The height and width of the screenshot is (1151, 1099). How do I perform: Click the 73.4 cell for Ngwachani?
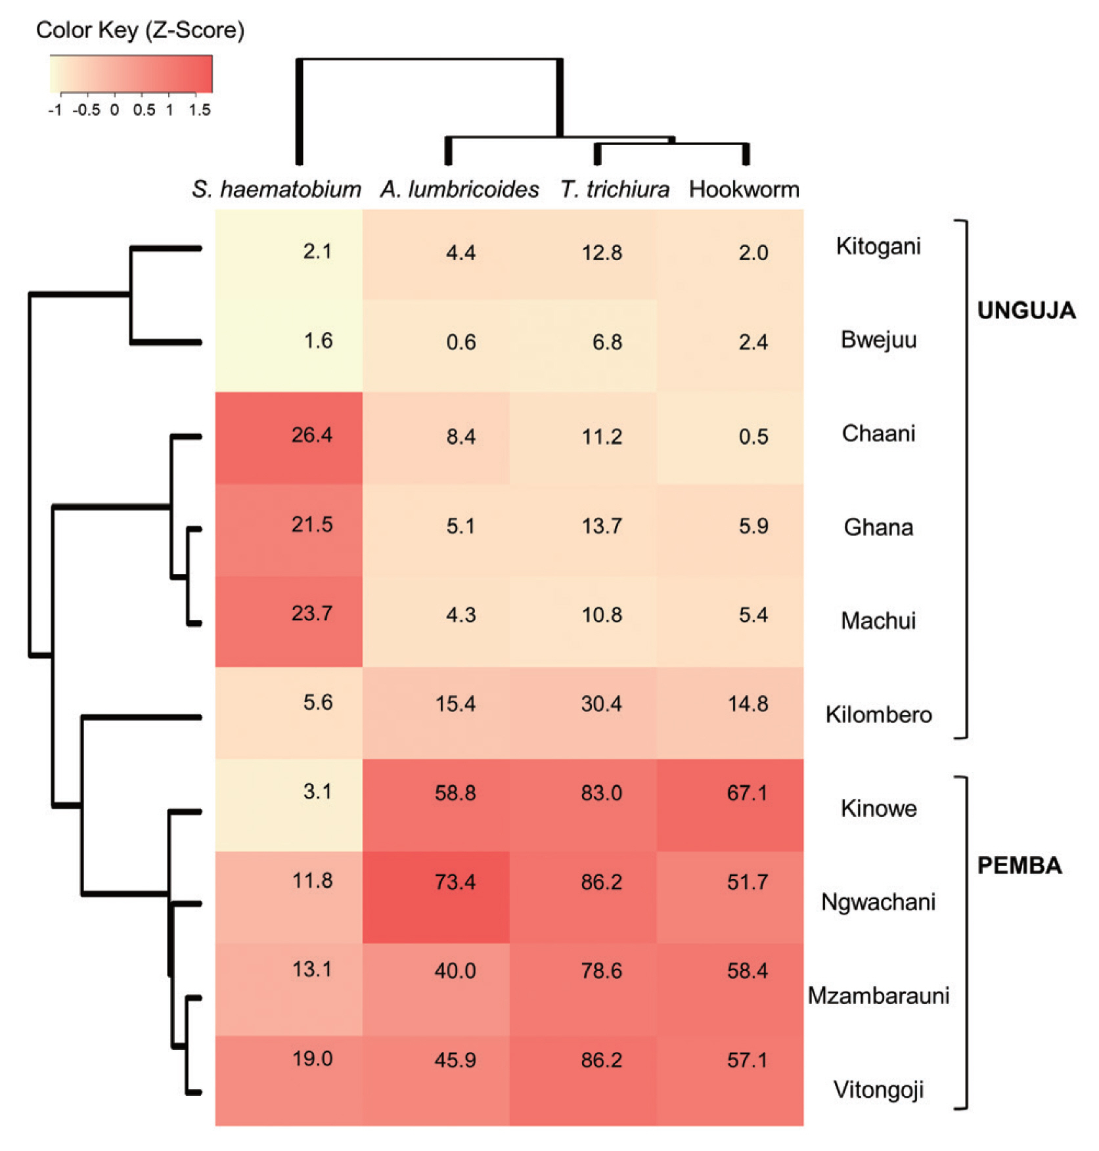click(455, 882)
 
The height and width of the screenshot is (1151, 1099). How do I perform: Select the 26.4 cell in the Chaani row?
click(311, 435)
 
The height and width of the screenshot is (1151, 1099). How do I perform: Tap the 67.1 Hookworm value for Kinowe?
click(747, 793)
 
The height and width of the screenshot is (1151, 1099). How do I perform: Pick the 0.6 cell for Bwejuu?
click(460, 342)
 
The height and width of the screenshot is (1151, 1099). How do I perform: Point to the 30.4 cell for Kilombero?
click(601, 704)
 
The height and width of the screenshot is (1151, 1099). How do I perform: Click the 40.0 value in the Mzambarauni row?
click(455, 970)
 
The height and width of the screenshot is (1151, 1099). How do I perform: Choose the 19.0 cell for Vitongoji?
click(312, 1059)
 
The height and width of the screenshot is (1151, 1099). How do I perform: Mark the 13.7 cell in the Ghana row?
click(602, 526)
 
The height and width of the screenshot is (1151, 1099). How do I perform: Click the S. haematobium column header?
click(277, 190)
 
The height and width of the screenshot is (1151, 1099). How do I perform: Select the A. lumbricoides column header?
click(460, 190)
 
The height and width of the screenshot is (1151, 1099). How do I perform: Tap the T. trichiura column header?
click(615, 190)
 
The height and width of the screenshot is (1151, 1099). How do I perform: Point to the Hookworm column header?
click(744, 190)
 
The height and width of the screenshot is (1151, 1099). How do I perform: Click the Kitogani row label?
click(878, 246)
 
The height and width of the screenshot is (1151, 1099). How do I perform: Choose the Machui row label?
click(878, 620)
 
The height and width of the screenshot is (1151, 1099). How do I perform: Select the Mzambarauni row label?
click(878, 995)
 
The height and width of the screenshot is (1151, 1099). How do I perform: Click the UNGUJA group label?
click(1026, 311)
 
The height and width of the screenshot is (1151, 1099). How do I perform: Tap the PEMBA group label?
click(1020, 865)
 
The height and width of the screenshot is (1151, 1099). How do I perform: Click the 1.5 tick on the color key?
click(200, 110)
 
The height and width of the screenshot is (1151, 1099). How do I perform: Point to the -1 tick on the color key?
click(55, 110)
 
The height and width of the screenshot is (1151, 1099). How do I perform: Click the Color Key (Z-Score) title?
click(140, 30)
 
